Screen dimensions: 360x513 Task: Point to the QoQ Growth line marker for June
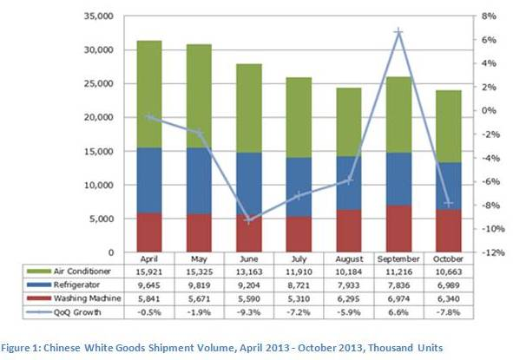(250, 220)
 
